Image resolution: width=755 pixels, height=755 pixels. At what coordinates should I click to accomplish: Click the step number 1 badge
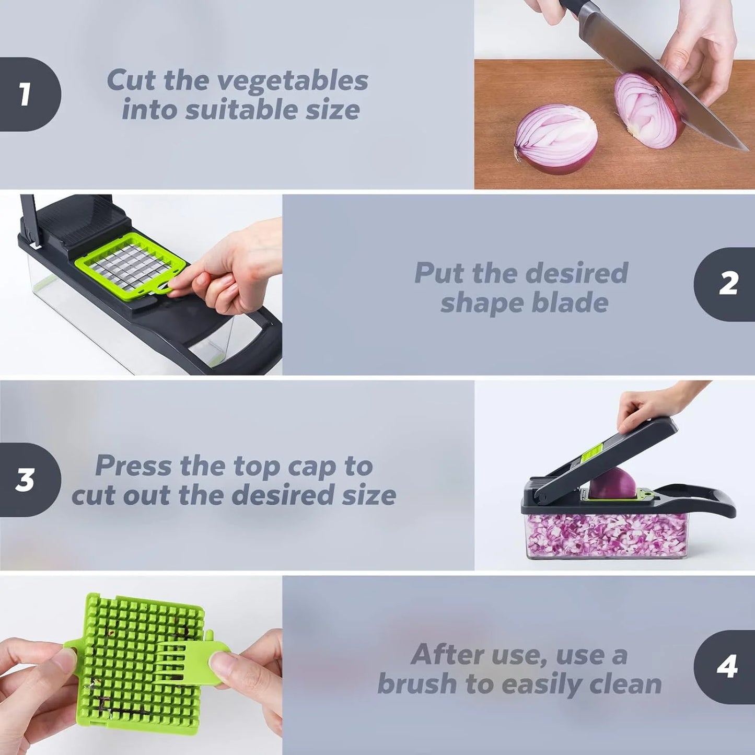tap(26, 95)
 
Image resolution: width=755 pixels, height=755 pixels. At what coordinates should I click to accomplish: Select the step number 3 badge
tap(26, 480)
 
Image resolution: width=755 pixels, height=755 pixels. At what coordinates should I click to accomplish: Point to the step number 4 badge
tap(727, 667)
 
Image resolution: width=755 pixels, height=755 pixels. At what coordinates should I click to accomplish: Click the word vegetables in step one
tap(293, 81)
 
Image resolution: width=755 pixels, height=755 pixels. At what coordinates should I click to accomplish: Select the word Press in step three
tap(133, 466)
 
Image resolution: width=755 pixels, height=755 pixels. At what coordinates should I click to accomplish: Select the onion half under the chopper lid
tap(611, 483)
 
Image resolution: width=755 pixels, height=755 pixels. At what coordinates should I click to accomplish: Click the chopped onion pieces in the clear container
tap(606, 536)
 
